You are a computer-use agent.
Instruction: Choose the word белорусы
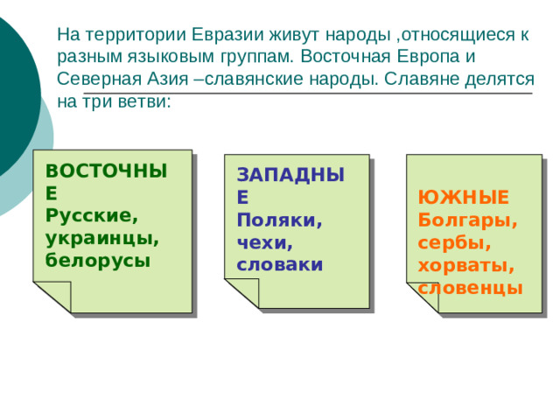98,260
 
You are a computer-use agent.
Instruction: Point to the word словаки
280,263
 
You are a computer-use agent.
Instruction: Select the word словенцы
471,287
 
